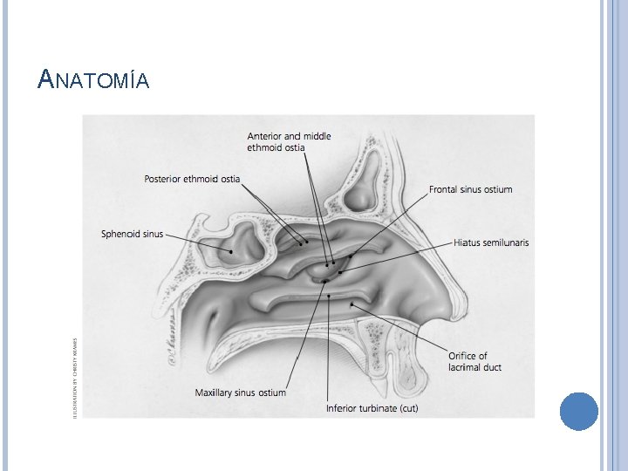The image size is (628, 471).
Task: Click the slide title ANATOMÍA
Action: tap(94, 81)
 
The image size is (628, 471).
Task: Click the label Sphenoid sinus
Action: tap(132, 234)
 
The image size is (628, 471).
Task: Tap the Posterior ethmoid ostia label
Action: tap(192, 180)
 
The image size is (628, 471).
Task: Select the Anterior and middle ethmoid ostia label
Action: tap(289, 142)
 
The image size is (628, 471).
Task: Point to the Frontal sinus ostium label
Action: tap(470, 189)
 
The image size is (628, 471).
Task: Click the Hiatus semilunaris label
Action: tap(491, 242)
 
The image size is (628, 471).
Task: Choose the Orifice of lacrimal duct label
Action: tap(474, 361)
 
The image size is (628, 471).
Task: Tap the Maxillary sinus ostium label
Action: tap(241, 392)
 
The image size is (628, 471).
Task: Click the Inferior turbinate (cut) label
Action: tap(372, 407)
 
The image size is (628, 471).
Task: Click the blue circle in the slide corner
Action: tap(578, 412)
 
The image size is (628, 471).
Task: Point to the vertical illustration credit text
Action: tap(75, 366)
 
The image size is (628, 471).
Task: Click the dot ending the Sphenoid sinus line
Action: tap(231, 251)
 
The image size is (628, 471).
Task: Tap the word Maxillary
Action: tap(215, 392)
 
